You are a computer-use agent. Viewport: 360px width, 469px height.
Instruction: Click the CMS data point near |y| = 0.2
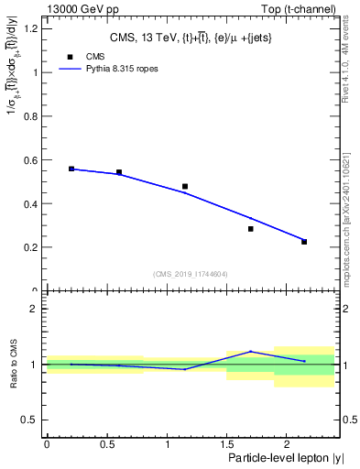[x=71, y=169]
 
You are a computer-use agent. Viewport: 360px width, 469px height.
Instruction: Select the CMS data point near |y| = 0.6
[x=119, y=172]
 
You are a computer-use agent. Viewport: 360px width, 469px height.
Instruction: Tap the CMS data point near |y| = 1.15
[x=185, y=187]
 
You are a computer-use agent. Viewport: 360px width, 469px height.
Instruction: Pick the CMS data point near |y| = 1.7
[x=251, y=229]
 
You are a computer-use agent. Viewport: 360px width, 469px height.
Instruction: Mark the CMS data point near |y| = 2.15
[x=304, y=242]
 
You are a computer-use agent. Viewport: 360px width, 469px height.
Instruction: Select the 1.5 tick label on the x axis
[x=226, y=445]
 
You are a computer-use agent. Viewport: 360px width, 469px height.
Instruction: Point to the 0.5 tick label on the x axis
[x=106, y=445]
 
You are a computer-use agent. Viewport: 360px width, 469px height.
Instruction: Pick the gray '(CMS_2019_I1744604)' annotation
[x=191, y=273]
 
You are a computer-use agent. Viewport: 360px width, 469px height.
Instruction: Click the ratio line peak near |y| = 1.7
[x=251, y=352]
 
